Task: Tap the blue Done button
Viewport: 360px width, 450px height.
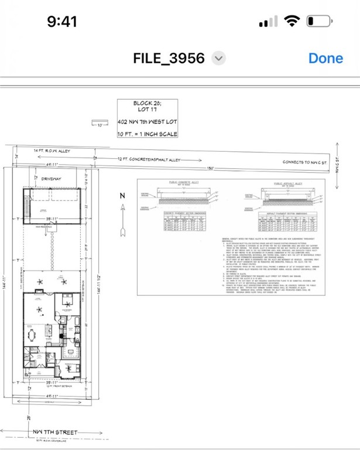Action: point(325,58)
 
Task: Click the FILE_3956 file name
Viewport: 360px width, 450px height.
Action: point(169,58)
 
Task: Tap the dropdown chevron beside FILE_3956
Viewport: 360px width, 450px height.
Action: point(218,58)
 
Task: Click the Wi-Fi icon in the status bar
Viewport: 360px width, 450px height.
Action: point(291,22)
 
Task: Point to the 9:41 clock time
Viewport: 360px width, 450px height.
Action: point(62,22)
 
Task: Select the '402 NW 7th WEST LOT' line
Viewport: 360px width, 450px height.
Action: point(148,122)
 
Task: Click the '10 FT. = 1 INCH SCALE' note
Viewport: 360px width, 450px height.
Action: point(148,134)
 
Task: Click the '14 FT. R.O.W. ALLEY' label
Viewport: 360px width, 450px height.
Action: point(52,151)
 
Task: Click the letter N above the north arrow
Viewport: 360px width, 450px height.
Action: point(122,196)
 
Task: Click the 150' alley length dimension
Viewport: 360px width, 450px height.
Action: point(209,168)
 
